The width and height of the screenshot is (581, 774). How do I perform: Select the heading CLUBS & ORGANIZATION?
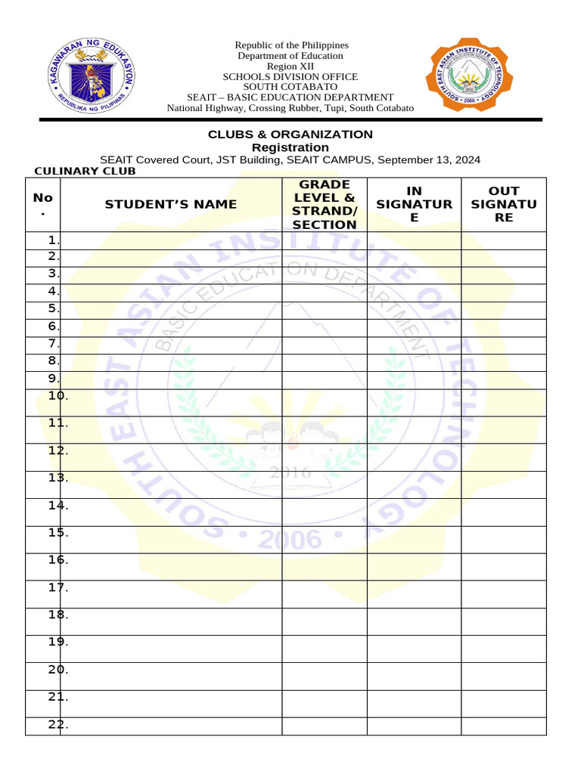pyautogui.click(x=290, y=135)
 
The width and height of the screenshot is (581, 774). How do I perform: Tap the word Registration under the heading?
pyautogui.click(x=290, y=147)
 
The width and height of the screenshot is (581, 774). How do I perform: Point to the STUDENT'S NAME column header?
pyautogui.click(x=171, y=204)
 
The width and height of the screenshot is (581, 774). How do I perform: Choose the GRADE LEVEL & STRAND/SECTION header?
pyautogui.click(x=325, y=204)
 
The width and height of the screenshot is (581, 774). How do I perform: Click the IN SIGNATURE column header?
pyautogui.click(x=414, y=204)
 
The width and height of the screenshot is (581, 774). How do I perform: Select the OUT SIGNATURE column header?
pyautogui.click(x=503, y=204)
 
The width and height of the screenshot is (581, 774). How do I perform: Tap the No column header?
pyautogui.click(x=43, y=204)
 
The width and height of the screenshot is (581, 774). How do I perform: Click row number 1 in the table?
pyautogui.click(x=52, y=240)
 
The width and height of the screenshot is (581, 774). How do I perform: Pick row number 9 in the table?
pyautogui.click(x=52, y=379)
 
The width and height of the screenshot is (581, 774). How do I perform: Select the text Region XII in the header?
pyautogui.click(x=290, y=67)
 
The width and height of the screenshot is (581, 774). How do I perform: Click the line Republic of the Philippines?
pyautogui.click(x=290, y=45)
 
